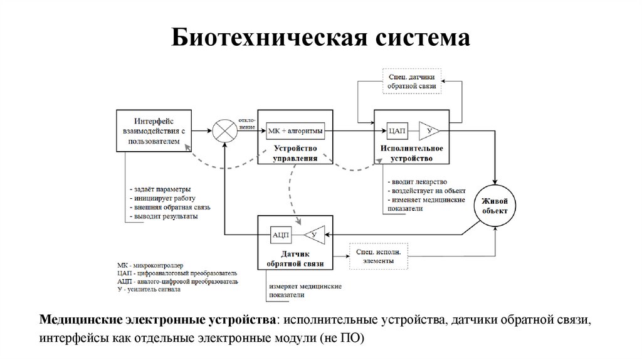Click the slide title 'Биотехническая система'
(320, 38)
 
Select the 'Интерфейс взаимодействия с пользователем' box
(154, 131)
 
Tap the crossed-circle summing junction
(222, 131)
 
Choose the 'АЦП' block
(280, 235)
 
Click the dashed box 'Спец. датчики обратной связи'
(412, 82)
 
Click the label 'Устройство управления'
(295, 154)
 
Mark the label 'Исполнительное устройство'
(411, 154)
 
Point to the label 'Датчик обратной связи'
(295, 260)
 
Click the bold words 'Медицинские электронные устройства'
(160, 320)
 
